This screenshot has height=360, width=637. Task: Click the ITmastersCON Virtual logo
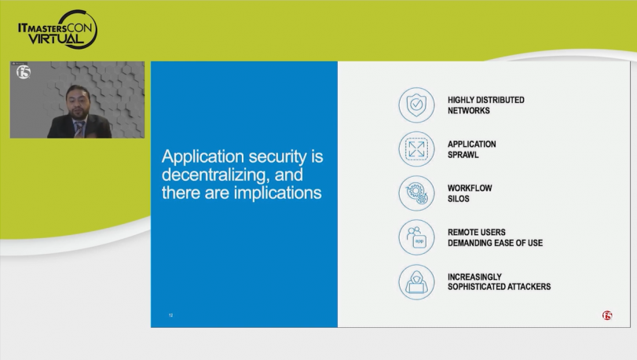click(57, 30)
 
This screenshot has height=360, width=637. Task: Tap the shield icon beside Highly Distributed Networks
click(416, 105)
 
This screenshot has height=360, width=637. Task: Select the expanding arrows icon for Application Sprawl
click(416, 149)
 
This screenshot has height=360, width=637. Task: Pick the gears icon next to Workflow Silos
click(416, 193)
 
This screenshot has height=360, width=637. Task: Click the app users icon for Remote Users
click(416, 237)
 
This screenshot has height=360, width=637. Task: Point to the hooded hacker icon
click(416, 282)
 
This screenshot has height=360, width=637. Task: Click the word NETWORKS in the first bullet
click(468, 111)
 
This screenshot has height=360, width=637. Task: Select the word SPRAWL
click(463, 155)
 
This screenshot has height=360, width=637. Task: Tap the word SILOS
click(458, 199)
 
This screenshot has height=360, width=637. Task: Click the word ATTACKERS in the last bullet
click(528, 287)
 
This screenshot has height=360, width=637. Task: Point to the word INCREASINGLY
click(474, 277)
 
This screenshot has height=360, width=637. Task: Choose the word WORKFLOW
click(470, 188)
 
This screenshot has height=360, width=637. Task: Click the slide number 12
click(171, 315)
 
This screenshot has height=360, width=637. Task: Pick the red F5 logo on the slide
click(607, 315)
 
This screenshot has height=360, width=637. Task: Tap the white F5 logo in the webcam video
click(24, 72)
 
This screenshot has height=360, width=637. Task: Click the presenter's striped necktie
click(79, 129)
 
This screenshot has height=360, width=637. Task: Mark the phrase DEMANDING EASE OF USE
click(495, 243)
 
